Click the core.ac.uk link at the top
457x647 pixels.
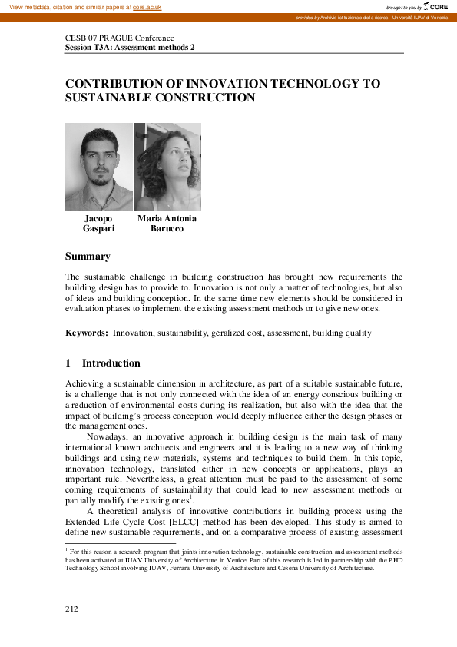[147, 6]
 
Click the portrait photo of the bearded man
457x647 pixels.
[99, 167]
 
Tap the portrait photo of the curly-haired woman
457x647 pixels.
[167, 167]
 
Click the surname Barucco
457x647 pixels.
[167, 229]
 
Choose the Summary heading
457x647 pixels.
[88, 257]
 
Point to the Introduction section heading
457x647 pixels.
[111, 363]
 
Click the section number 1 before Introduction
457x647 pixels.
[68, 363]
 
